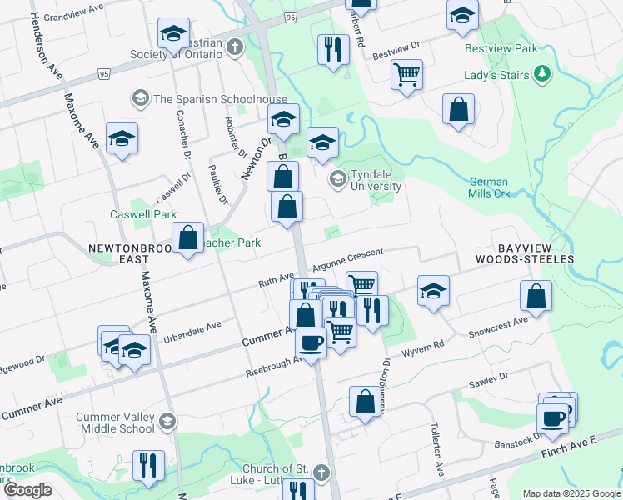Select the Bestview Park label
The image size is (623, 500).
point(501,49)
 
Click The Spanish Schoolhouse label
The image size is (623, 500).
point(208,99)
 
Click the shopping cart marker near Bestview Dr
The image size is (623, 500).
point(407,74)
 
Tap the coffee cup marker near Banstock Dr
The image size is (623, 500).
point(553,417)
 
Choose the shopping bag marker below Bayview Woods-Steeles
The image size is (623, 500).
point(536,295)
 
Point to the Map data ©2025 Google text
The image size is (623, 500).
point(571,493)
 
